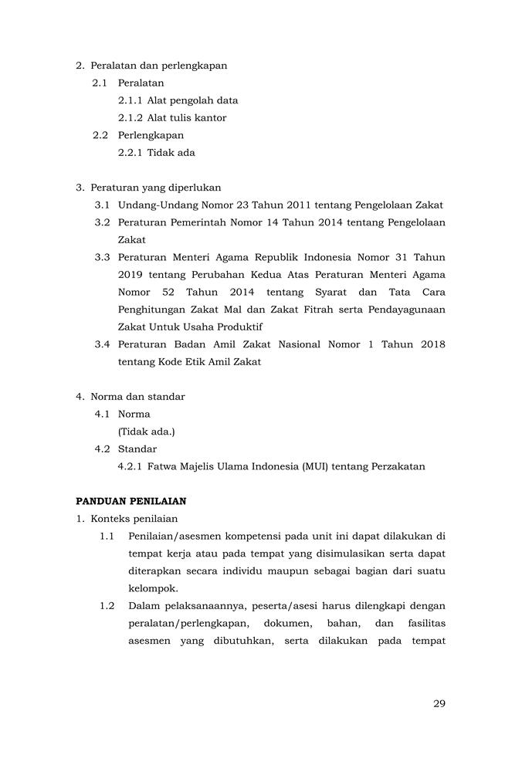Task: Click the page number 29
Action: pos(439,703)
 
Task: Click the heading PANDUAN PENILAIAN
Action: pos(130,501)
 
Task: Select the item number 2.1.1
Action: pos(130,100)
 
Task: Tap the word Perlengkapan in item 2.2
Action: pos(151,135)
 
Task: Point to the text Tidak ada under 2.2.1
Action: pos(171,152)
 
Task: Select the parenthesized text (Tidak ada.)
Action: pos(146,432)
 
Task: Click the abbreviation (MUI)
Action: pos(308,466)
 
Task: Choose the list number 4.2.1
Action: pos(130,466)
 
